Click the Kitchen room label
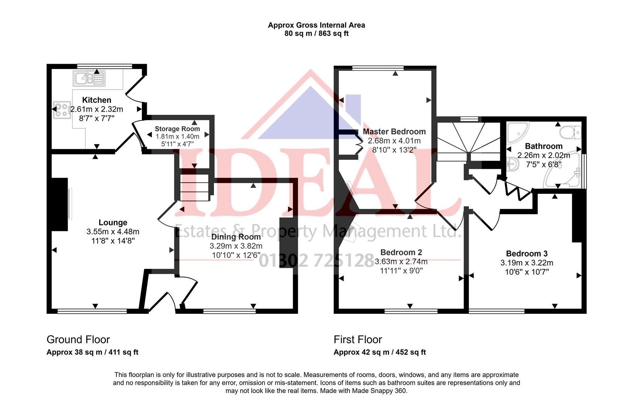click(96, 100)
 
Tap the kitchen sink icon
click(89, 78)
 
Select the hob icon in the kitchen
click(62, 110)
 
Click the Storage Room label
click(177, 129)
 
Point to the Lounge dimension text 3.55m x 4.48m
click(113, 232)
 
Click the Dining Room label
click(236, 237)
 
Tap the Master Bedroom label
click(394, 132)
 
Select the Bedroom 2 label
click(401, 252)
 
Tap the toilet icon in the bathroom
click(570, 132)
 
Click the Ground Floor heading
click(78, 340)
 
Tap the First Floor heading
click(357, 340)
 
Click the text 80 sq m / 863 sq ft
click(316, 34)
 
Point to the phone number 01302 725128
click(316, 260)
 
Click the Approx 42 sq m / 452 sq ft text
click(380, 352)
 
